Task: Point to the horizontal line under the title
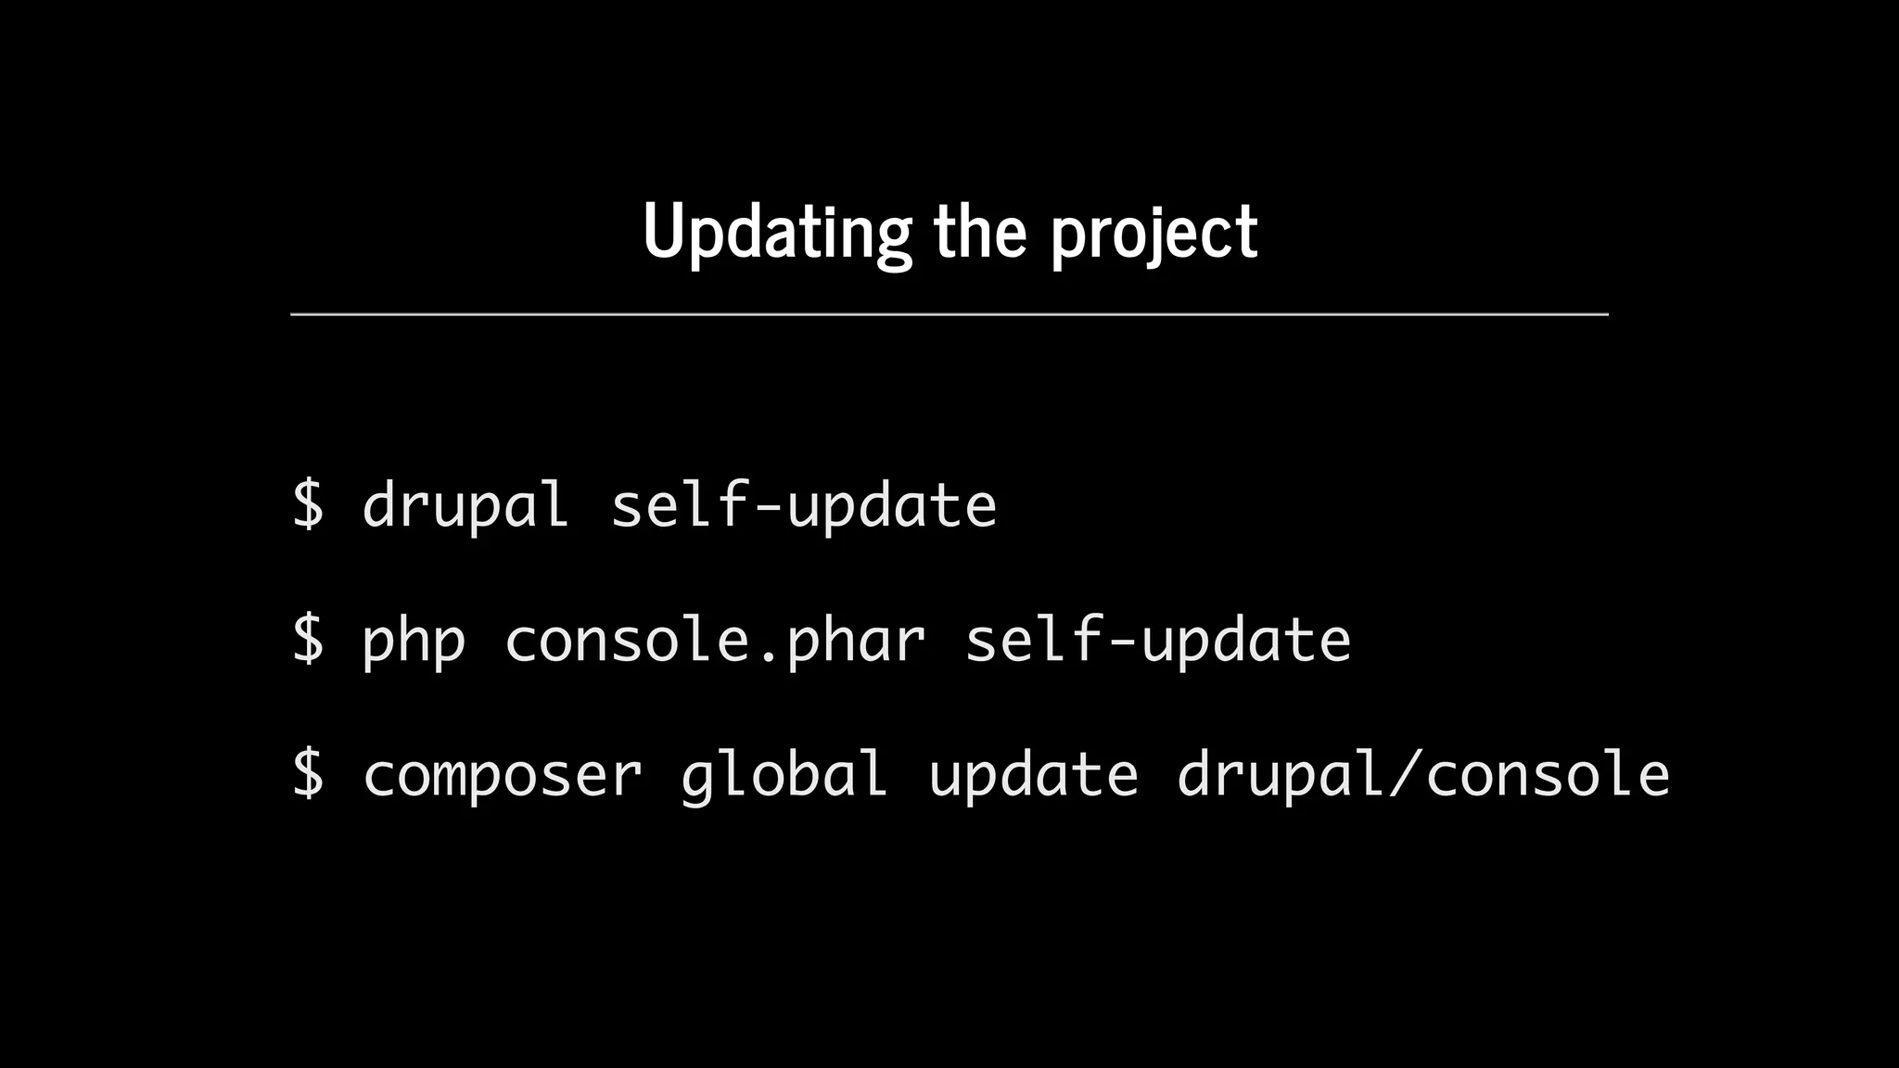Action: (x=949, y=314)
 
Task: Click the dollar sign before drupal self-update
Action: (x=308, y=504)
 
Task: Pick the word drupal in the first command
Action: (x=465, y=506)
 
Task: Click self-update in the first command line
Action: (x=803, y=506)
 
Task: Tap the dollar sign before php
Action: (x=308, y=640)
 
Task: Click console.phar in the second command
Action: (x=714, y=640)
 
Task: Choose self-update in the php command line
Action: (x=1157, y=640)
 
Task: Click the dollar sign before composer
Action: (x=308, y=773)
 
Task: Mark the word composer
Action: (x=502, y=775)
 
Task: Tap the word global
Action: (x=784, y=775)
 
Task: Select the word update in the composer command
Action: (x=1033, y=775)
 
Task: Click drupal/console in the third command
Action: (x=1422, y=775)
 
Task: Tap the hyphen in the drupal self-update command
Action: (x=769, y=508)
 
